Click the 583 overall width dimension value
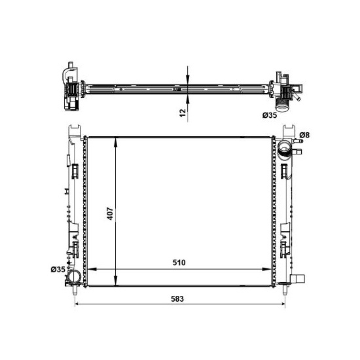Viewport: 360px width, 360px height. pyautogui.click(x=177, y=299)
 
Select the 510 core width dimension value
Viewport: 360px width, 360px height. pyautogui.click(x=179, y=262)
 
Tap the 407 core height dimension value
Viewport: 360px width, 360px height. pyautogui.click(x=110, y=214)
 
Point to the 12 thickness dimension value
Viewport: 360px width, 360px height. pyautogui.click(x=183, y=113)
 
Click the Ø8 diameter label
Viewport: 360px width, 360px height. pyautogui.click(x=304, y=135)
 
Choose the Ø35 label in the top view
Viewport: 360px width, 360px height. pyautogui.click(x=270, y=115)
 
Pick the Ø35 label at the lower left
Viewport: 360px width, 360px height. pyautogui.click(x=58, y=269)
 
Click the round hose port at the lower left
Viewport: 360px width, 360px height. pyautogui.click(x=75, y=276)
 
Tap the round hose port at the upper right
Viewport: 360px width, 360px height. pyautogui.click(x=284, y=147)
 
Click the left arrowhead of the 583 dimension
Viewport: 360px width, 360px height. pyautogui.click(x=79, y=304)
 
